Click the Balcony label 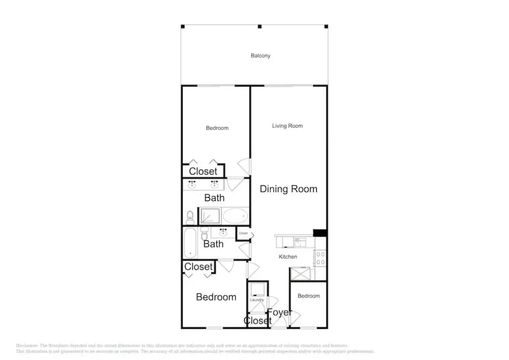click(x=260, y=56)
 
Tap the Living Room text click(x=287, y=126)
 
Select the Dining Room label click(x=288, y=189)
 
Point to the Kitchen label click(x=288, y=257)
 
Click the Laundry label click(x=257, y=300)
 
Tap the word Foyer click(x=279, y=312)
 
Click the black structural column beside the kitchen click(x=320, y=233)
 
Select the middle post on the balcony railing click(x=260, y=26)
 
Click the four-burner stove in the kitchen click(x=320, y=258)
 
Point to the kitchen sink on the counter click(x=300, y=242)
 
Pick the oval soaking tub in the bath click(x=235, y=216)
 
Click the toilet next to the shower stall click(x=190, y=218)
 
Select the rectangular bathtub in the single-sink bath click(x=190, y=243)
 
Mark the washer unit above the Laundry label click(x=257, y=289)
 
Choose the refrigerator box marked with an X click(x=300, y=274)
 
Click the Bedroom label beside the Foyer click(x=309, y=296)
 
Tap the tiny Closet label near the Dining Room click(x=243, y=233)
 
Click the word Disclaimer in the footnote click(x=27, y=346)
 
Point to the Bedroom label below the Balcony click(x=217, y=128)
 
